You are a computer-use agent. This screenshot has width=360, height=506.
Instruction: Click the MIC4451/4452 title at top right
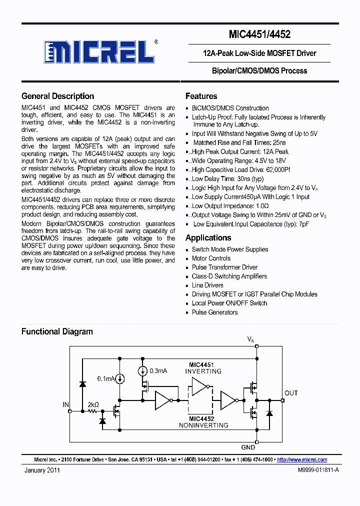tap(259, 34)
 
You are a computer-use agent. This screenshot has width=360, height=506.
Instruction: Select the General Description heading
tap(57, 96)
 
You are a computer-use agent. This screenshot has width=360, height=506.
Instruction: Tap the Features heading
tap(201, 96)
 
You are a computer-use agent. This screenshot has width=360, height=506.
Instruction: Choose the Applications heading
tap(208, 237)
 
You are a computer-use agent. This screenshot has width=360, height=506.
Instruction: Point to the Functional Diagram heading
tap(57, 331)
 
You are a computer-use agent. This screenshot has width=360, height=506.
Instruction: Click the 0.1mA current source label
tap(106, 378)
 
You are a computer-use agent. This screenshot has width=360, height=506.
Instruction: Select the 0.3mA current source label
tap(157, 370)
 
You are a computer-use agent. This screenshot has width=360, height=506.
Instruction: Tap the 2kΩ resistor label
tap(93, 404)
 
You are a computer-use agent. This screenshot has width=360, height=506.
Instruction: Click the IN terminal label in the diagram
tap(65, 404)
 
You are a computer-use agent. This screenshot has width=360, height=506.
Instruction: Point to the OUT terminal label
tap(291, 393)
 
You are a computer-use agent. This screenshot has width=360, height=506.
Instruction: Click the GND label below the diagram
tap(248, 447)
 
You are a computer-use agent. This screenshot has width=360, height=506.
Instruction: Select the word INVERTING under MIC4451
tap(203, 371)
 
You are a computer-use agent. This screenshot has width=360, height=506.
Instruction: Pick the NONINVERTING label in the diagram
tap(203, 425)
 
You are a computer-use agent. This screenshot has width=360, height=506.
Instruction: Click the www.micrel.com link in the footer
tap(302, 459)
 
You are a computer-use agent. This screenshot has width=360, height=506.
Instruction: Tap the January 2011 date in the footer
tap(42, 470)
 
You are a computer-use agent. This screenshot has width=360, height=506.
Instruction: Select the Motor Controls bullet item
tap(211, 258)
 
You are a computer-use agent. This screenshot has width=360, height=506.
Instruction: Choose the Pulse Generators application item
tap(214, 312)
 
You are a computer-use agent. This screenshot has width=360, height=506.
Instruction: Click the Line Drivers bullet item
tap(207, 285)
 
